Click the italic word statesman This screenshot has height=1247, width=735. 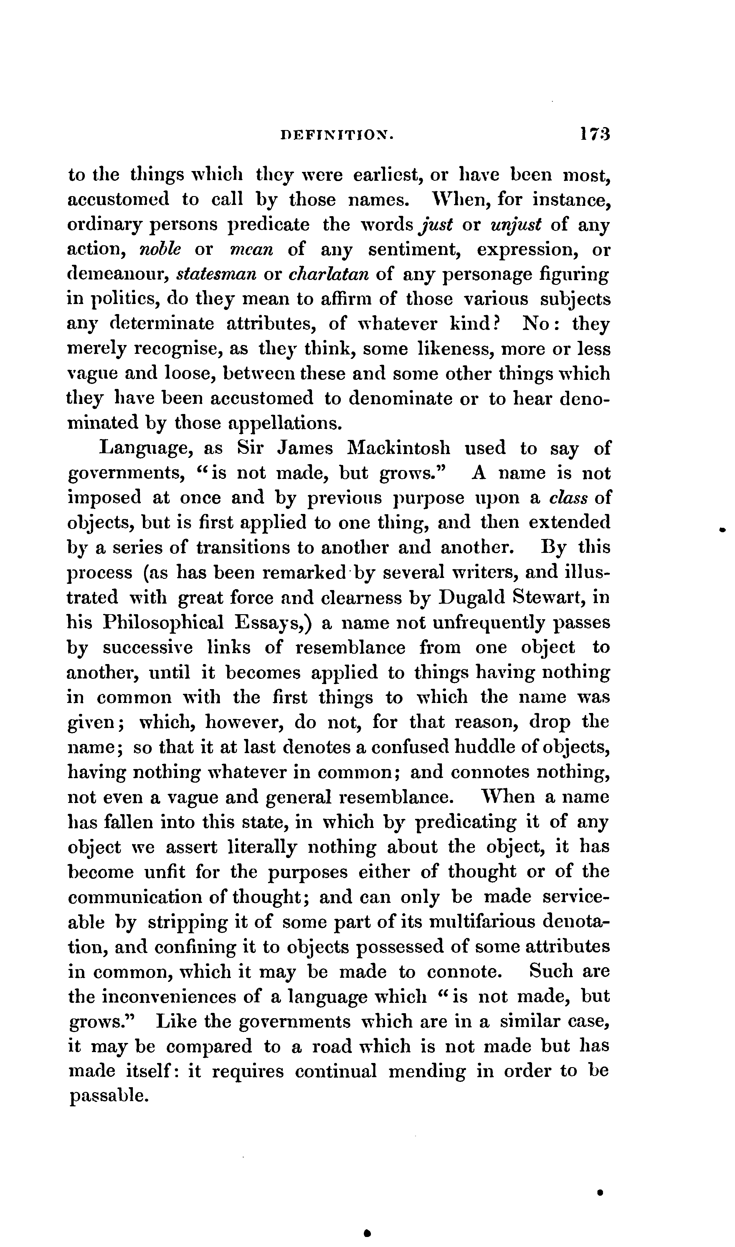point(216,274)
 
